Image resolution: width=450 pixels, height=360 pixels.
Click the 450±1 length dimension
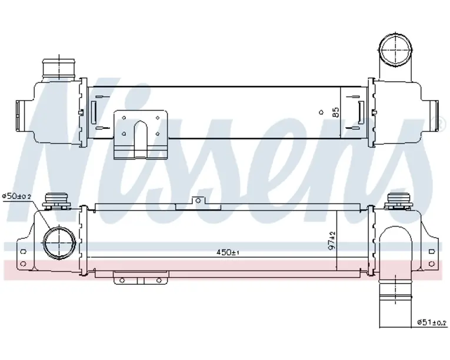coord(228,252)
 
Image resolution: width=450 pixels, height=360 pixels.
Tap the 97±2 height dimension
coord(332,241)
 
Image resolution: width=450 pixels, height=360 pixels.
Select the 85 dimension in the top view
coord(335,112)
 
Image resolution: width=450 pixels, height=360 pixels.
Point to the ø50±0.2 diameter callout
coord(16,196)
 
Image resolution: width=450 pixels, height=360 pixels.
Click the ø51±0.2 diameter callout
coord(432,322)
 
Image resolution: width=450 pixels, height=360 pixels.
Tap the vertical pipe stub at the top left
coord(59,69)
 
